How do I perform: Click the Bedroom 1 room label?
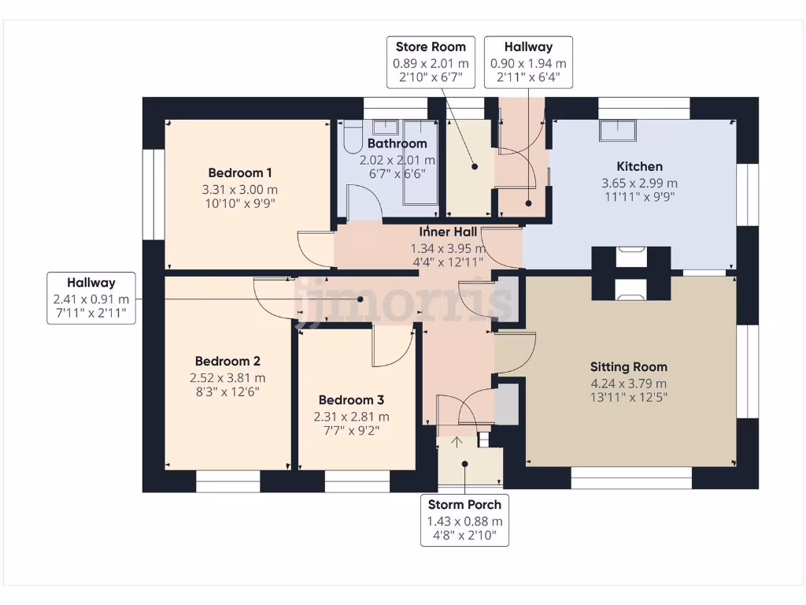tap(240, 173)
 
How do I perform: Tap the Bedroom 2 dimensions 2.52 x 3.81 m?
tap(216, 377)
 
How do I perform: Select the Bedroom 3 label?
tap(352, 399)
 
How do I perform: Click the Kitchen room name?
tap(639, 166)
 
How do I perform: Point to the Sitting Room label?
tap(629, 366)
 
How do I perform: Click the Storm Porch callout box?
tap(464, 521)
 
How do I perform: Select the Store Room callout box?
tap(431, 61)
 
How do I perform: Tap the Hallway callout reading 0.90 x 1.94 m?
tap(528, 61)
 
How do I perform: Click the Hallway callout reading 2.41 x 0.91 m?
tap(91, 299)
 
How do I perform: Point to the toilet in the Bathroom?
tap(351, 136)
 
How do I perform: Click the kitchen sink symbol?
tap(618, 130)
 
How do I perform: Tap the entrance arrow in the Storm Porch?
tap(457, 442)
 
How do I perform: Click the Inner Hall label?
tap(446, 232)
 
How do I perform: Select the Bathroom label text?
tap(397, 143)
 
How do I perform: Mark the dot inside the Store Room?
tap(475, 166)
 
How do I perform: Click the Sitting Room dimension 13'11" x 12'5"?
tap(629, 398)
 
